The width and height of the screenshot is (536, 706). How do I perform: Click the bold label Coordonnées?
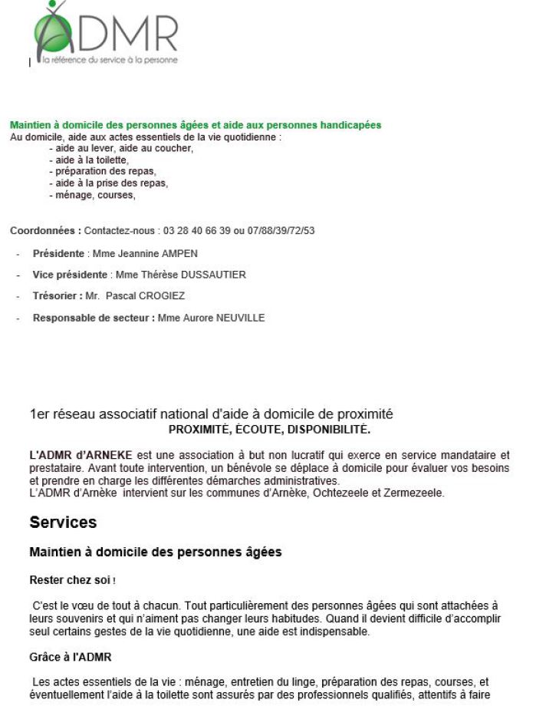click(x=45, y=230)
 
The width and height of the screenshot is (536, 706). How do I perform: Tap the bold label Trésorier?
click(x=58, y=296)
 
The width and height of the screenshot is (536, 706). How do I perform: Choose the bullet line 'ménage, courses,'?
click(x=91, y=195)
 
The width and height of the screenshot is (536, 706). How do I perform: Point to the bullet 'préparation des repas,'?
click(x=102, y=171)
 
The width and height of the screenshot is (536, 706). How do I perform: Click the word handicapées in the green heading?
click(x=352, y=125)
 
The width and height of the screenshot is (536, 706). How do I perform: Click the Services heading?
click(x=63, y=523)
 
